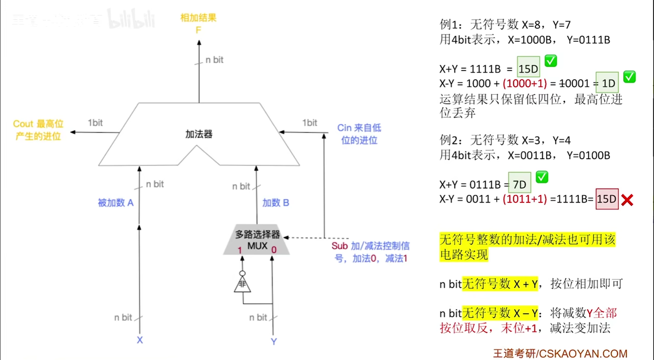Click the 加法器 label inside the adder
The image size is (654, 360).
pos(199,134)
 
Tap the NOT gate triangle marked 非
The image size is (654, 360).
pos(242,284)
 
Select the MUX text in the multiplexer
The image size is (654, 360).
pos(257,246)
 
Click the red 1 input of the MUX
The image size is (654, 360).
pos(240,250)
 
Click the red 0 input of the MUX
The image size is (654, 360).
pos(274,250)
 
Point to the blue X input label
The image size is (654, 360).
pos(140,340)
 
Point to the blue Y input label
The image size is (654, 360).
pos(274,342)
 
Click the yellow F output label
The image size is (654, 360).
pos(198,30)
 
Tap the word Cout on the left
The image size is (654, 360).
pos(23,124)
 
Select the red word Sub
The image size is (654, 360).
pos(340,246)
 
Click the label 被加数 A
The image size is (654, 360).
pos(116,203)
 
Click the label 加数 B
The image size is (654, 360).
pos(276,203)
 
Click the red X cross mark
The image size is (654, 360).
pos(627,200)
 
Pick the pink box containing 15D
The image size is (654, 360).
pos(607,199)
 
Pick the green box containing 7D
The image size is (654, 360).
pos(520,184)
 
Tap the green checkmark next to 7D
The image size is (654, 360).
pos(542,177)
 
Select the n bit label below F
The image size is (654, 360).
pos(214,60)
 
